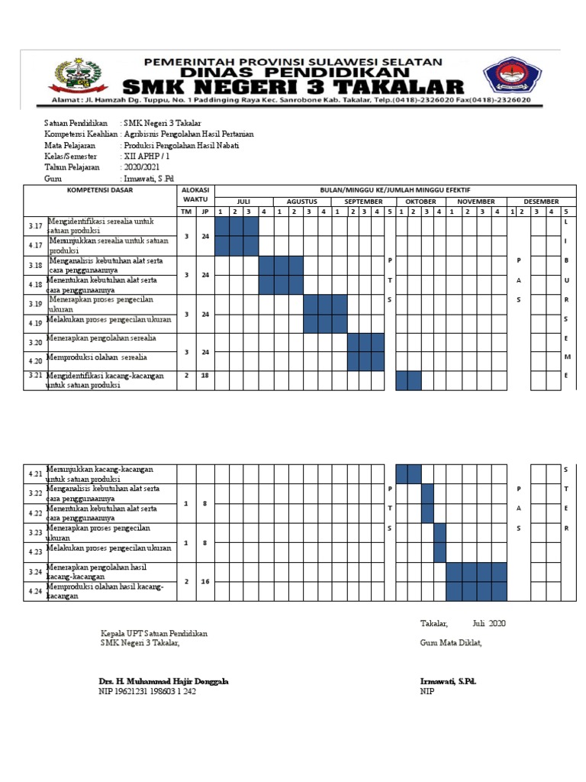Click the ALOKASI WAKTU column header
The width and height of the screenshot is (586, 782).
[195, 193]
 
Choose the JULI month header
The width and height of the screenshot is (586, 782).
[243, 201]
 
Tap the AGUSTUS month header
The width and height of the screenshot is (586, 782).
[301, 201]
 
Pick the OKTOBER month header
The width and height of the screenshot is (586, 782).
[420, 201]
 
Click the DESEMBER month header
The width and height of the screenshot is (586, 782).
[541, 201]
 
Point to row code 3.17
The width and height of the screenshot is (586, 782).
[35, 226]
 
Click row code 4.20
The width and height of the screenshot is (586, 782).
[35, 361]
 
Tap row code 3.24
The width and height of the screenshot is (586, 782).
[35, 571]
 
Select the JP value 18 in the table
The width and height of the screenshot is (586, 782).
[204, 376]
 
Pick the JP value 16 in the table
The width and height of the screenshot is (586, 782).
[204, 581]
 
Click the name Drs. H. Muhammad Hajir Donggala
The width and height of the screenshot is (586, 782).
[163, 681]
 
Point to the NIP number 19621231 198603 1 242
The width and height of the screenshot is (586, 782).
[147, 692]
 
